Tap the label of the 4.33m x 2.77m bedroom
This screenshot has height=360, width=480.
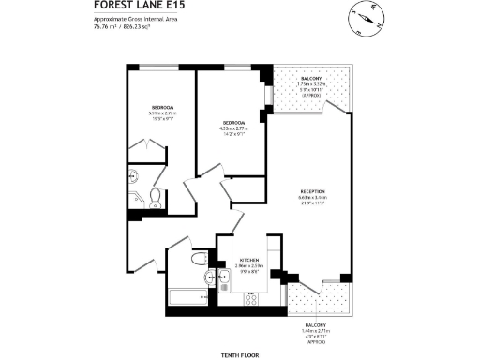232,123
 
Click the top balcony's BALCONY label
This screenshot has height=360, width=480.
309,80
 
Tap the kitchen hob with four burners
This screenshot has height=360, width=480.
251,299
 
